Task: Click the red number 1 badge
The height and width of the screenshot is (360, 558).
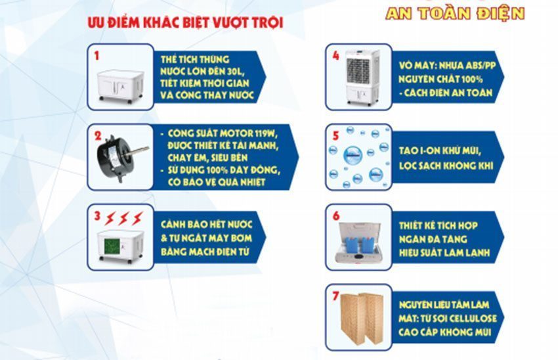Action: click(97, 55)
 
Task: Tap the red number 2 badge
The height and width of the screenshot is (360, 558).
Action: click(97, 137)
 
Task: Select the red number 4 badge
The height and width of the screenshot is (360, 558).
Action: click(335, 55)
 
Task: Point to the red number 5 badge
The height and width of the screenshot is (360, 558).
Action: click(335, 136)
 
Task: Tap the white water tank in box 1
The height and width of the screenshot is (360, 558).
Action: click(120, 84)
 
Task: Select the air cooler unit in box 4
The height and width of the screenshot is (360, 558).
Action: click(362, 76)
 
